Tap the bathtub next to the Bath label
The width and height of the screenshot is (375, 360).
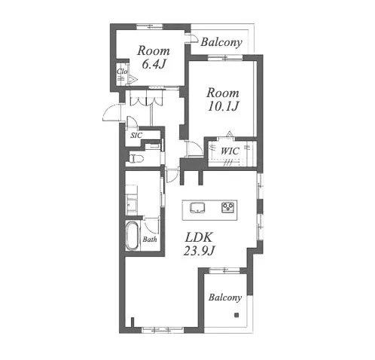pyautogui.click(x=133, y=236)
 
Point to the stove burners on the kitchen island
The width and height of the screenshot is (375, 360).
pyautogui.click(x=226, y=206)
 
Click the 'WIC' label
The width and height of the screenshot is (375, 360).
pyautogui.click(x=230, y=151)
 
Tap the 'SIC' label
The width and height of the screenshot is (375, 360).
pyautogui.click(x=136, y=136)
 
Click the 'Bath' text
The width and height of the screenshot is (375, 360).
pyautogui.click(x=150, y=240)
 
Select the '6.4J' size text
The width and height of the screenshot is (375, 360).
pyautogui.click(x=154, y=65)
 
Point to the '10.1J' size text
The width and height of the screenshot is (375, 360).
pyautogui.click(x=223, y=105)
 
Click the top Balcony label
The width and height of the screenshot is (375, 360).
pyautogui.click(x=221, y=43)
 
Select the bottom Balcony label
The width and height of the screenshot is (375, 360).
pyautogui.click(x=225, y=297)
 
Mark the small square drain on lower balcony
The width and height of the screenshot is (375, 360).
pyautogui.click(x=236, y=316)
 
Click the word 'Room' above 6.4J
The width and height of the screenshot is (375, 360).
pyautogui.click(x=154, y=51)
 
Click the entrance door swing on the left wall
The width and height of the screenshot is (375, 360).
pyautogui.click(x=111, y=113)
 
